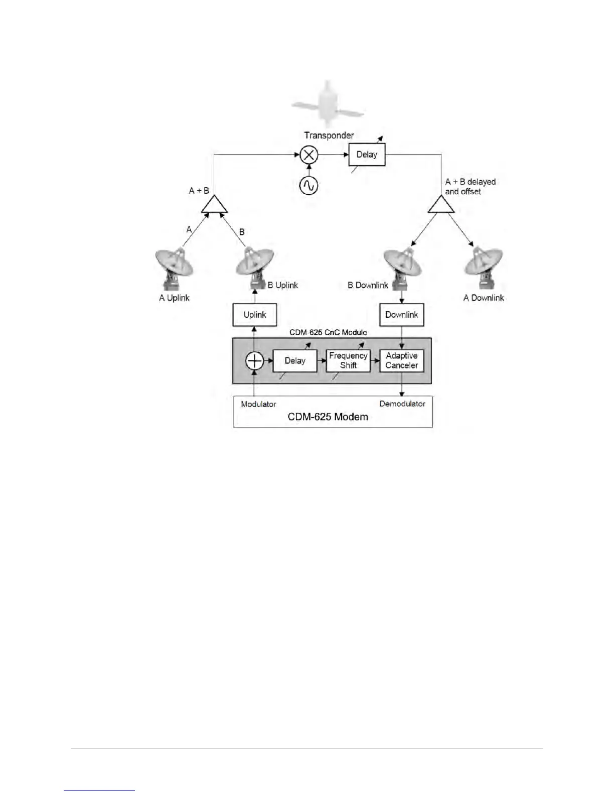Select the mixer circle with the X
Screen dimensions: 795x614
pyautogui.click(x=309, y=155)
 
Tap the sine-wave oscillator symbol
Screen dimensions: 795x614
pyautogui.click(x=309, y=186)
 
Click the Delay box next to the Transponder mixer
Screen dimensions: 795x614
pyautogui.click(x=367, y=155)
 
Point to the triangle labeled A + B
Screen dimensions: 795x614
pyautogui.click(x=214, y=204)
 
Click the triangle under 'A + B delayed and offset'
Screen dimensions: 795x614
pyautogui.click(x=441, y=205)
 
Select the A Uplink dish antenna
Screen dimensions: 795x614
pyautogui.click(x=174, y=269)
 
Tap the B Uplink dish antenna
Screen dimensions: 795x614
pyautogui.click(x=255, y=266)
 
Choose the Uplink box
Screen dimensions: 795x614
pyautogui.click(x=255, y=315)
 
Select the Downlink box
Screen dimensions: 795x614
pyautogui.click(x=401, y=315)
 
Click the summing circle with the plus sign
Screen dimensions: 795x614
pyautogui.click(x=255, y=361)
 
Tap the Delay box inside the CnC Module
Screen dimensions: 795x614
pyautogui.click(x=295, y=361)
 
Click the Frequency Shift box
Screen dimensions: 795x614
pyautogui.click(x=348, y=361)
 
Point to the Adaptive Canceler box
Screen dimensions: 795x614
pyautogui.click(x=401, y=361)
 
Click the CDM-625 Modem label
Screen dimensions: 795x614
pyautogui.click(x=328, y=417)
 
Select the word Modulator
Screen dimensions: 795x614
pyautogui.click(x=258, y=404)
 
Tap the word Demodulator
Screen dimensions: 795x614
pyautogui.click(x=402, y=404)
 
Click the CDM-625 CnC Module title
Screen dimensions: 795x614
pyautogui.click(x=328, y=332)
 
